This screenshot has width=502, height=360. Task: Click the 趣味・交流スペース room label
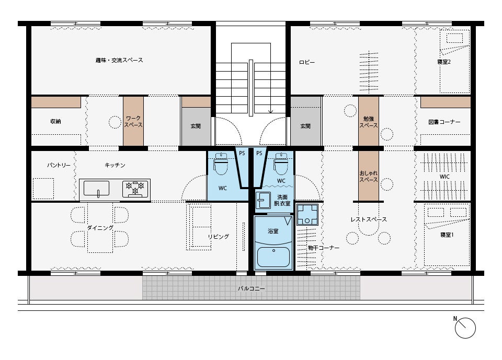pos(119,60)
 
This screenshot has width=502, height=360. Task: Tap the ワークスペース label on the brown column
pos(133,122)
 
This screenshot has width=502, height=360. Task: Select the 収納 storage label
pos(55,121)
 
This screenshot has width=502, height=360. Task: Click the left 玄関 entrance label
pos(196,126)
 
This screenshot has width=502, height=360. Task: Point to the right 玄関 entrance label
pos(305,126)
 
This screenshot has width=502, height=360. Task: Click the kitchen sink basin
pos(96,188)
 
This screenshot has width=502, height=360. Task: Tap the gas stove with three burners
pos(135,189)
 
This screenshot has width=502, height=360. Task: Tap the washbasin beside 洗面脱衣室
pos(263,200)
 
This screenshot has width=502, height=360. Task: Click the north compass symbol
pos(465,328)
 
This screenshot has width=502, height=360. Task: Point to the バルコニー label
pos(252,288)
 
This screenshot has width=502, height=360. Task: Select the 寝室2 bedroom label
pos(444,62)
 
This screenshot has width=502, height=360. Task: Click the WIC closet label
pos(444,177)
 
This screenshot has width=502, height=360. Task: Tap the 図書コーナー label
pos(444,122)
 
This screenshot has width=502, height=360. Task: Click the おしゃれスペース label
pos(369,176)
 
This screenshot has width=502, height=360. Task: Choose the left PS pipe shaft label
pos(242,153)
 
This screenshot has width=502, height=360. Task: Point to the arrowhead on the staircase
pos(270,111)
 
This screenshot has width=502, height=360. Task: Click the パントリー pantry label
pos(59,165)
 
